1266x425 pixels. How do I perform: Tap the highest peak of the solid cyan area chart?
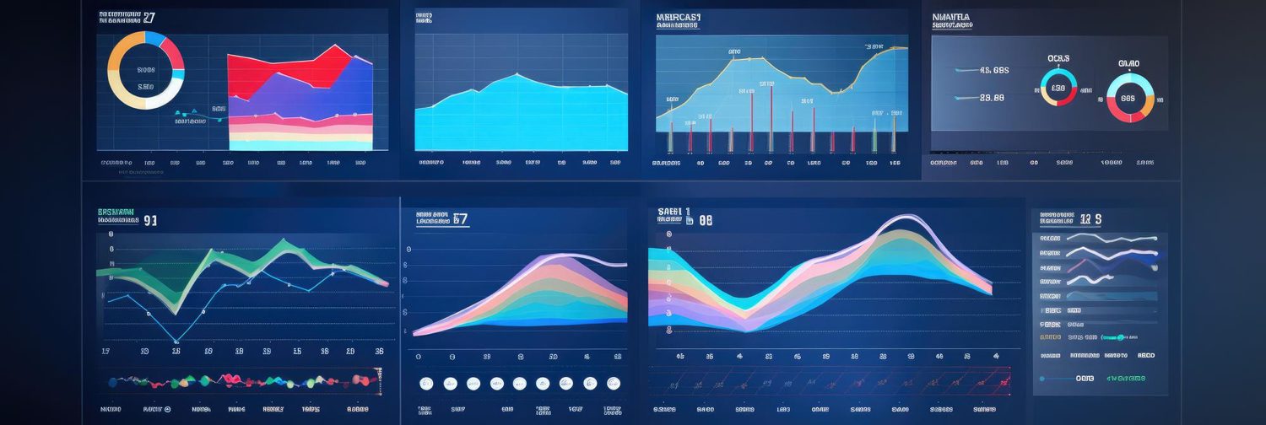click(x=517, y=75)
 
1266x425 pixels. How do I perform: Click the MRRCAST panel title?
click(x=678, y=16)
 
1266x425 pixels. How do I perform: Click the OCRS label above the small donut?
click(x=1058, y=58)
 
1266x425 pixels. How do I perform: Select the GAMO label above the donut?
click(x=1128, y=63)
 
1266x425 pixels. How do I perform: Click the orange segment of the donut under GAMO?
click(x=1148, y=106)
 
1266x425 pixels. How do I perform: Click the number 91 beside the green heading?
click(x=150, y=221)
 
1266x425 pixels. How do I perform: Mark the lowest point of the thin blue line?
click(x=176, y=342)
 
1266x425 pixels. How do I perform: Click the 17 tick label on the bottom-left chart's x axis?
click(x=105, y=351)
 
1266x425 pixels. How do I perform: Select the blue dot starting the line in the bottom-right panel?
click(x=1041, y=379)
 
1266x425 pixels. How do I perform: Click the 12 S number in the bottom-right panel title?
click(x=1090, y=219)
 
